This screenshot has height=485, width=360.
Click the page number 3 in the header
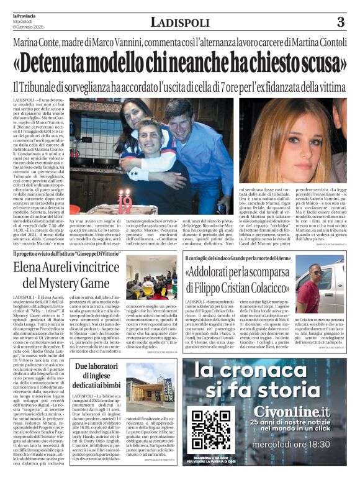[340, 22]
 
